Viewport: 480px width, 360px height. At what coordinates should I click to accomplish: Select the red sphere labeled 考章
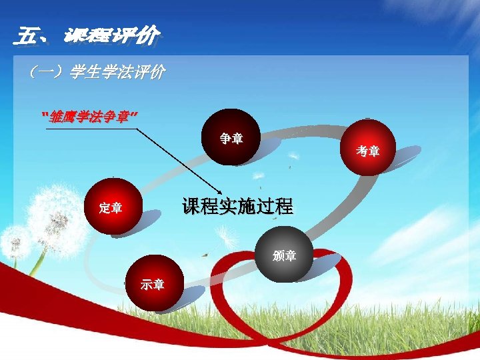point(368,149)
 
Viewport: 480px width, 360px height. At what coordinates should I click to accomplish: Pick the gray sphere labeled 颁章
point(285,254)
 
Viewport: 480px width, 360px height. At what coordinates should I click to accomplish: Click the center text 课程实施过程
point(237,206)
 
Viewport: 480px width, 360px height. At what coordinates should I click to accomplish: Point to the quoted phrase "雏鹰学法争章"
point(90,118)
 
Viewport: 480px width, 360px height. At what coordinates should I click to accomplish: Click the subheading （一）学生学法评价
point(93,72)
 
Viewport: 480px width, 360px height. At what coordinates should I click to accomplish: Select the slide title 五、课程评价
point(87,35)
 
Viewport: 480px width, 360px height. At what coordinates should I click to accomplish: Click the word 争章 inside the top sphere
point(231,139)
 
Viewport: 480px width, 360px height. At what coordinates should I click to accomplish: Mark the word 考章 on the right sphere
point(368,151)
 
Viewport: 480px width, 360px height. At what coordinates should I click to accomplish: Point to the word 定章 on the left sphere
point(111,208)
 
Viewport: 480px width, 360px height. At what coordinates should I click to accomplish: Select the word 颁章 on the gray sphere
point(285,255)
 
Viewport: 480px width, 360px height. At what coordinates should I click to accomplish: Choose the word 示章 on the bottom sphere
point(153,285)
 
